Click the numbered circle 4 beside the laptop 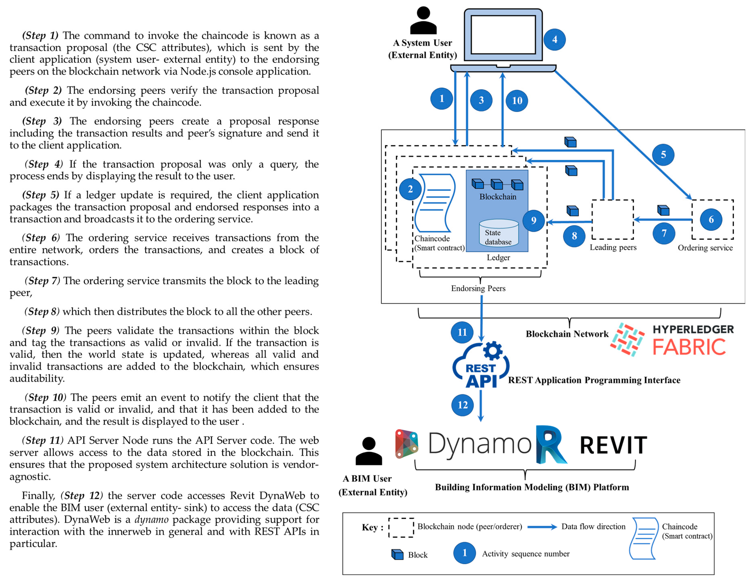[x=554, y=39]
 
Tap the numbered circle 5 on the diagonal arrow [x=663, y=155]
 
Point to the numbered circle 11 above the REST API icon [x=462, y=332]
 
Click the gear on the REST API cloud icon [x=492, y=351]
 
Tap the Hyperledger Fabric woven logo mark [x=627, y=339]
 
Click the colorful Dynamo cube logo [x=406, y=444]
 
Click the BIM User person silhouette [x=369, y=451]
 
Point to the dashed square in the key [x=401, y=528]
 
